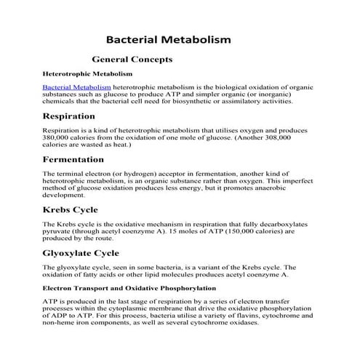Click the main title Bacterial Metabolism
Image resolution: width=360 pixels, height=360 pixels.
[169, 38]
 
